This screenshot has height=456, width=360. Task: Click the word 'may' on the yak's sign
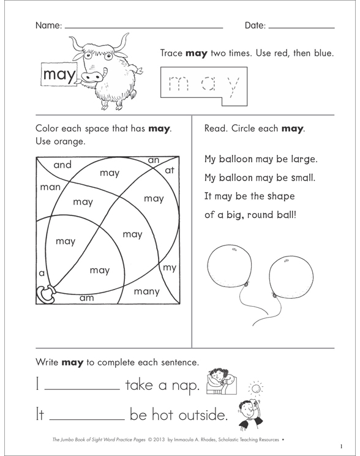(59, 75)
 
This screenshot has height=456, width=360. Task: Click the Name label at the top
(48, 26)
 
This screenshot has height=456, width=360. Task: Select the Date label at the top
(255, 26)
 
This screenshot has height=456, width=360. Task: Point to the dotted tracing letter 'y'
(231, 86)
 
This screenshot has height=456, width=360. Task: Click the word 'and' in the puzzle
(62, 165)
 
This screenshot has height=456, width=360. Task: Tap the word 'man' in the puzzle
(50, 187)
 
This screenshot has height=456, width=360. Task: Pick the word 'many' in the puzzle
(146, 291)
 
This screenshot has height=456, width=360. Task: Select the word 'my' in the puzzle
(169, 268)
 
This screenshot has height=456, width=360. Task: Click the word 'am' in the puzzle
(86, 298)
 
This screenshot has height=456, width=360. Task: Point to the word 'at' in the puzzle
(170, 171)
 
